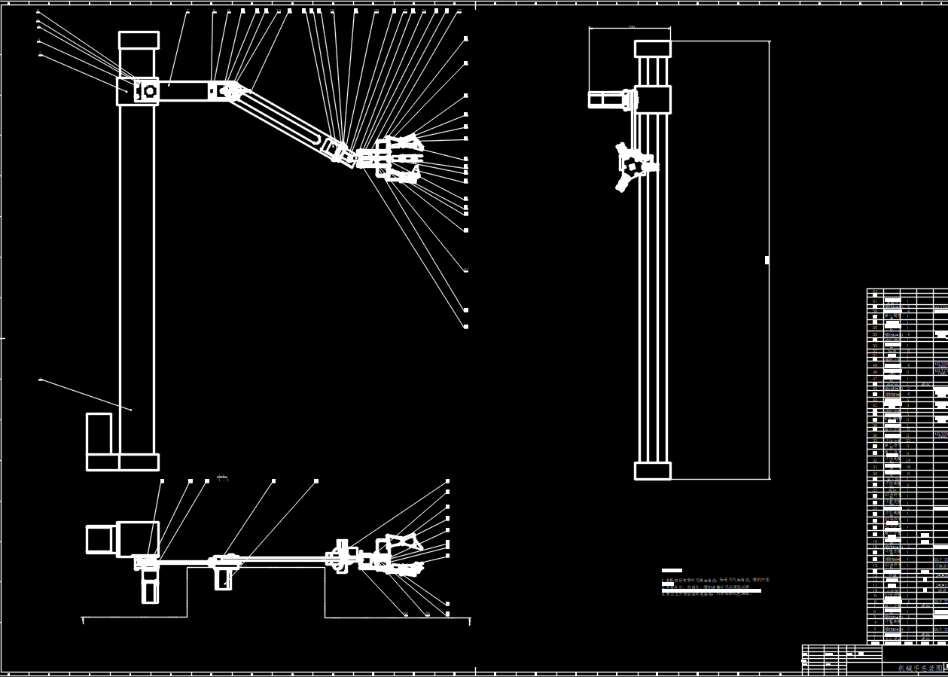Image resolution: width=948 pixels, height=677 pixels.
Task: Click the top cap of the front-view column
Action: coord(139,40)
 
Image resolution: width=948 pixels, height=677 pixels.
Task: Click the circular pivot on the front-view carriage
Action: coord(150,91)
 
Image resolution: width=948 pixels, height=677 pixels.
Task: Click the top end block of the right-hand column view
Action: coord(652,49)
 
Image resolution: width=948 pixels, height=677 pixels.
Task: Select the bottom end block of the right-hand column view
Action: coord(652,471)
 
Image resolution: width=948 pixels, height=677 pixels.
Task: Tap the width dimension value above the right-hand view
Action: coord(631,26)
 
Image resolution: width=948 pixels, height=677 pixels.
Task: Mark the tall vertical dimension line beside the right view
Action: coord(769,260)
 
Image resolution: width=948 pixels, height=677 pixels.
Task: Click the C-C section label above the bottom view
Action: coord(222,477)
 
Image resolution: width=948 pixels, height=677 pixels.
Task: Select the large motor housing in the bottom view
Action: coord(137,538)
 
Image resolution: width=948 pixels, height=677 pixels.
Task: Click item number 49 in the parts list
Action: coord(874,371)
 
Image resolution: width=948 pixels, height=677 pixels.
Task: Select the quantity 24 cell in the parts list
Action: coord(908,459)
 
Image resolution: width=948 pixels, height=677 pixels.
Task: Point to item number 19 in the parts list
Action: coord(874,541)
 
